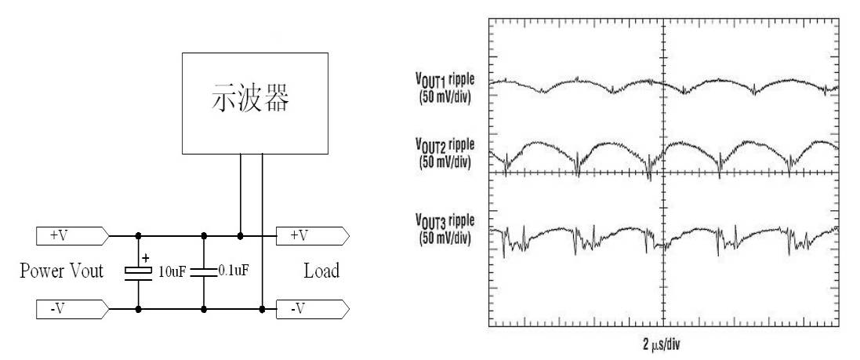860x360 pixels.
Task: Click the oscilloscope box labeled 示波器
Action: [252, 103]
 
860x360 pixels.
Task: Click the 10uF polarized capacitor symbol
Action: [138, 271]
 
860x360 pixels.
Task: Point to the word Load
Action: [321, 271]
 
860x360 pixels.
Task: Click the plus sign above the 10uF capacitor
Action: [145, 256]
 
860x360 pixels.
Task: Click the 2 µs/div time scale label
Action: [663, 343]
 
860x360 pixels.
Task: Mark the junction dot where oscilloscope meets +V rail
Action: [240, 235]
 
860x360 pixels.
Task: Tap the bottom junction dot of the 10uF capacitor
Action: [138, 309]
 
